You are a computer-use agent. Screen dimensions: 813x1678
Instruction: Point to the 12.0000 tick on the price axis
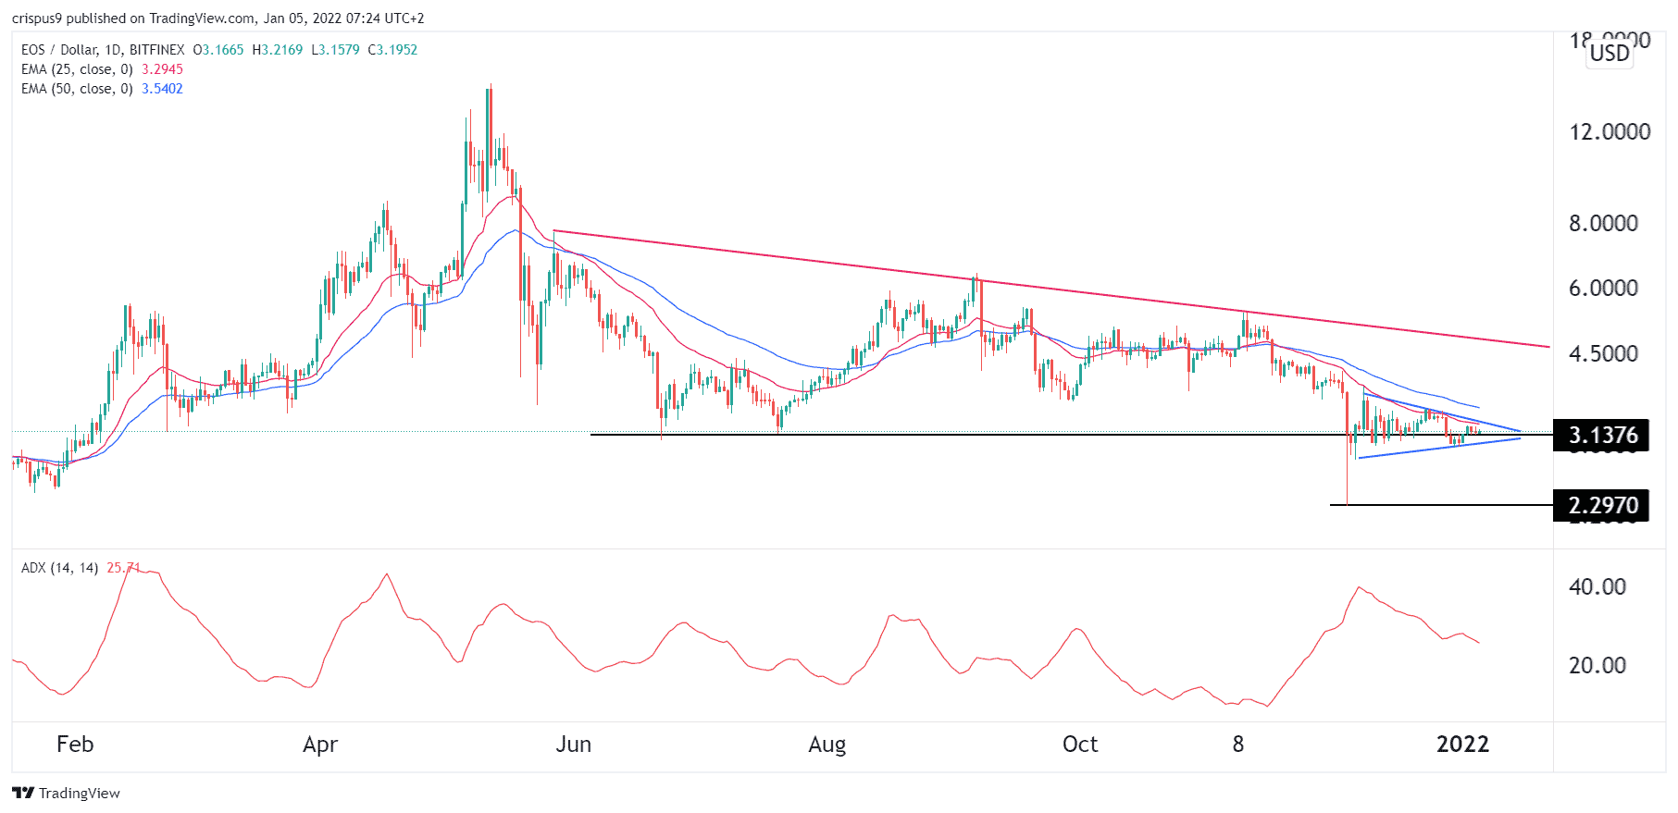1610,131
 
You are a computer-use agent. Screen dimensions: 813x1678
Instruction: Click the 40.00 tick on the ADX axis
1597,586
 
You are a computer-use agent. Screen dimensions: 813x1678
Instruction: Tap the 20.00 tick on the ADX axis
1597,665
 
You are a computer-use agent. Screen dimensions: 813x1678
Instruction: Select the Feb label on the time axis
75,745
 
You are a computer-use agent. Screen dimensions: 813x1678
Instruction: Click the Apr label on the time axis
320,745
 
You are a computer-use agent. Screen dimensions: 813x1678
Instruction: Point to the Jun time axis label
573,745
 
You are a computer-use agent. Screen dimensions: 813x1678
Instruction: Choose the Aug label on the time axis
827,745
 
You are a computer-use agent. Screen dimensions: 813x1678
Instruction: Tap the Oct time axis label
1080,745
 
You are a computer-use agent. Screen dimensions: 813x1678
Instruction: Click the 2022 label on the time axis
1462,745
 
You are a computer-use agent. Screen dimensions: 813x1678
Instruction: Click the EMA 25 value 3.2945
162,69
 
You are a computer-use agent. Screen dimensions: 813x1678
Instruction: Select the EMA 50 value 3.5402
162,89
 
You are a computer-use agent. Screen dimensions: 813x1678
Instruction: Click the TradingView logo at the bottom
67,793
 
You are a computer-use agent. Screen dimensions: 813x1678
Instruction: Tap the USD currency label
1610,53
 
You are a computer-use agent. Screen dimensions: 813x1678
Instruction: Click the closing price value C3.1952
392,50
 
